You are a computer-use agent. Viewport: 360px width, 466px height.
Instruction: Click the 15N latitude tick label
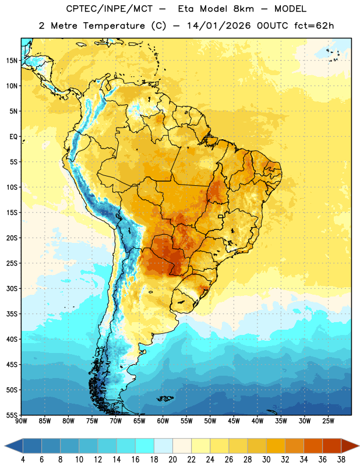(x=12, y=61)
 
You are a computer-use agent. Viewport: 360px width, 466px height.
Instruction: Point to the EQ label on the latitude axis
(x=13, y=137)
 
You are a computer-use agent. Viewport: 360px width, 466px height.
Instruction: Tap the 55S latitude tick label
(x=12, y=415)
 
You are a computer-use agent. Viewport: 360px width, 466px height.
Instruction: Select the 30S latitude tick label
(x=12, y=288)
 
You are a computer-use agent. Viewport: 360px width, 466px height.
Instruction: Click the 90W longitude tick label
(x=21, y=421)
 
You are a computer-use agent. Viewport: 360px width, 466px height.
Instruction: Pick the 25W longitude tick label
(x=328, y=421)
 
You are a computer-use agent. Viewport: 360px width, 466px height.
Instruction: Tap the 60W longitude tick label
(x=163, y=421)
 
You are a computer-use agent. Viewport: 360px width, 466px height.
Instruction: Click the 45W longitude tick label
(x=234, y=421)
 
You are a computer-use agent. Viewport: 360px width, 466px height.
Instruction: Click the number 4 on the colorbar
(x=23, y=460)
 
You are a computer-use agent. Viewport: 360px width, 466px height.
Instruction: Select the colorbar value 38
(x=341, y=460)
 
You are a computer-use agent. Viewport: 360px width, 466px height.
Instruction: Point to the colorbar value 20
(x=172, y=460)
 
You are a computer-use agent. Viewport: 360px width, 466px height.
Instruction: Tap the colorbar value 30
(x=266, y=460)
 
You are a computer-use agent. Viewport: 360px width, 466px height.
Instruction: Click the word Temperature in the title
(x=114, y=26)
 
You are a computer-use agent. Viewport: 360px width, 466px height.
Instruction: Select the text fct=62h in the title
(x=314, y=26)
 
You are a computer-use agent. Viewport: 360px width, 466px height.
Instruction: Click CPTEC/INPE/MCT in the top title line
(x=110, y=9)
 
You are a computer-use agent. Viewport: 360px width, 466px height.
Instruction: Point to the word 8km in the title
(x=243, y=9)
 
